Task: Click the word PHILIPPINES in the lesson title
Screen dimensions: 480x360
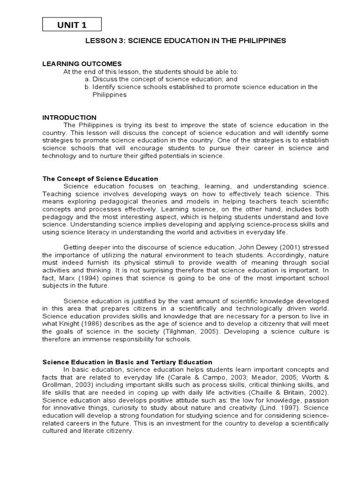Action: [261, 41]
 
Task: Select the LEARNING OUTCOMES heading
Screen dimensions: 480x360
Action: [82, 64]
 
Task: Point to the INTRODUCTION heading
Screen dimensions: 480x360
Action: [69, 118]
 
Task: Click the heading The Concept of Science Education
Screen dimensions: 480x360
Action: [100, 179]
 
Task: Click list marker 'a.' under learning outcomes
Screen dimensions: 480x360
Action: [88, 79]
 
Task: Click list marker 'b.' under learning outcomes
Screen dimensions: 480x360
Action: [88, 87]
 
